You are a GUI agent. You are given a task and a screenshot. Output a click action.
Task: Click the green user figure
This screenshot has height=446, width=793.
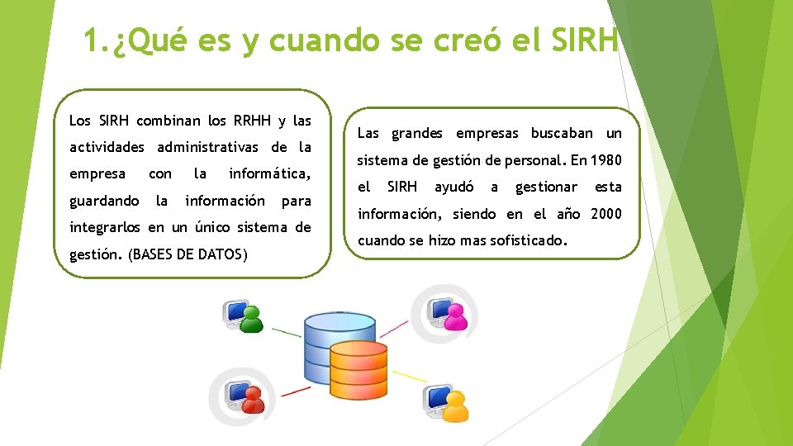(x=252, y=318)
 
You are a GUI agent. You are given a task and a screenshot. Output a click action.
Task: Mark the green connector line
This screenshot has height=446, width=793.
(x=286, y=332)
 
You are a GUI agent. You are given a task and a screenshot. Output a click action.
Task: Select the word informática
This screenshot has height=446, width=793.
(x=269, y=174)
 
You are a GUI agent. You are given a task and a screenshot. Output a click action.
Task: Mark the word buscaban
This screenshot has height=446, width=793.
(x=562, y=133)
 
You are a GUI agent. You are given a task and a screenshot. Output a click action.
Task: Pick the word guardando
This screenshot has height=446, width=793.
(x=104, y=201)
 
